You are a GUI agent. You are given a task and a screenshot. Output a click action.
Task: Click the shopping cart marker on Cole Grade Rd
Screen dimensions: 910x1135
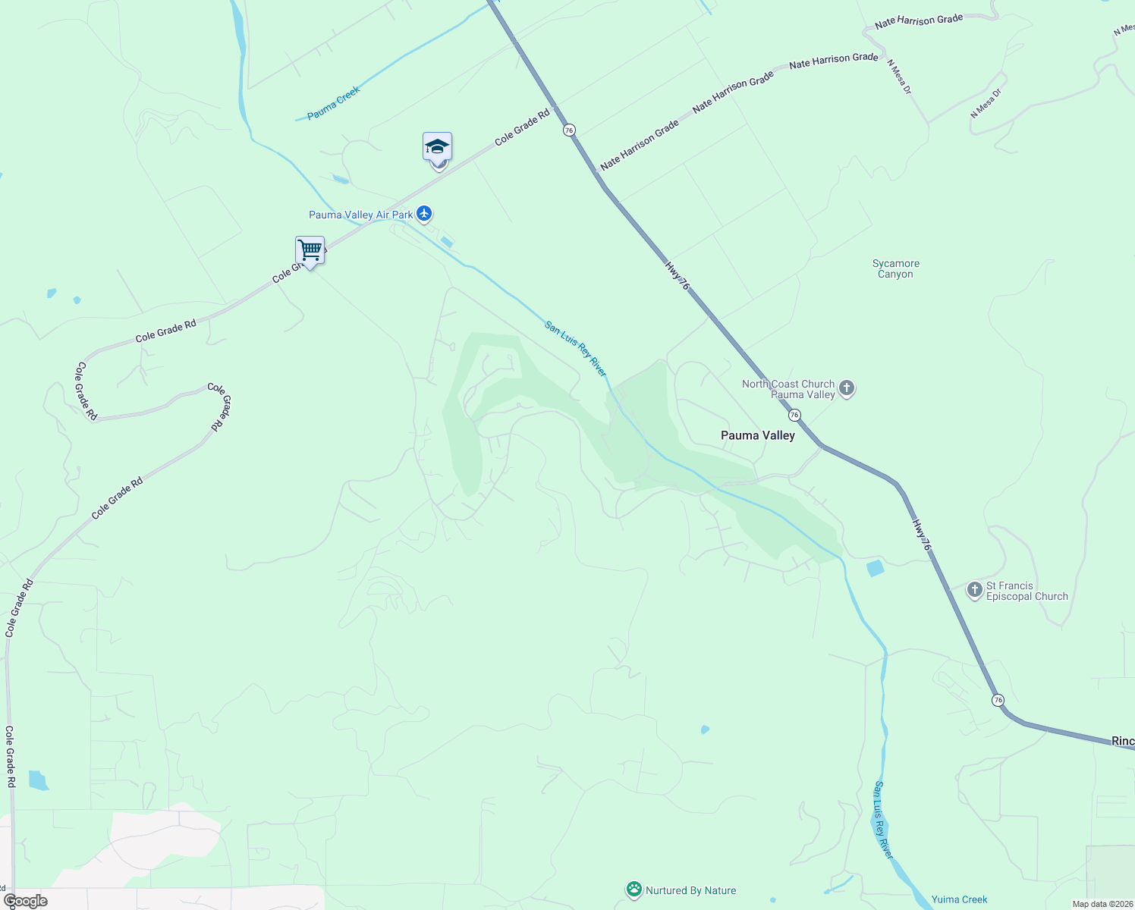pos(310,250)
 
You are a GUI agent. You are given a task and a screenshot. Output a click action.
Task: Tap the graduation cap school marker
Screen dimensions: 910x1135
pos(437,146)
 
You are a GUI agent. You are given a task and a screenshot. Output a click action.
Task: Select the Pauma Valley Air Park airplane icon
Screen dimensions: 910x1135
pos(424,214)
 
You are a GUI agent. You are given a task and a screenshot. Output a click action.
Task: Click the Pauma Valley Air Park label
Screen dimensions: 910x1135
pos(360,215)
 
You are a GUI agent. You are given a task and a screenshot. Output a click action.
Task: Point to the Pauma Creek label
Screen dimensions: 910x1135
pos(334,103)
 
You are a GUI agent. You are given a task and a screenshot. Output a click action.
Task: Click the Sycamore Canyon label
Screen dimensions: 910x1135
pos(895,269)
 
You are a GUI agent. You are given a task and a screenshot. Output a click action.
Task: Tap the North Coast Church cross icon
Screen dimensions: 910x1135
pos(847,389)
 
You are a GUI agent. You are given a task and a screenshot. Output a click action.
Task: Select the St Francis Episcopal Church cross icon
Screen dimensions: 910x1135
pos(975,590)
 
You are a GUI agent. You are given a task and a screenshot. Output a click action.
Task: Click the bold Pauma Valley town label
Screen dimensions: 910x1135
pos(757,435)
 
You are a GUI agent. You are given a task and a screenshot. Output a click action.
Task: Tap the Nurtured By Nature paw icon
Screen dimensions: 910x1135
pos(634,890)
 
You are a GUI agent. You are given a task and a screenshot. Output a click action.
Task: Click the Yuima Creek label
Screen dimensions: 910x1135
pos(959,899)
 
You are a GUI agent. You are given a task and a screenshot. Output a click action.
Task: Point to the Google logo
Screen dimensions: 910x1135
pos(26,901)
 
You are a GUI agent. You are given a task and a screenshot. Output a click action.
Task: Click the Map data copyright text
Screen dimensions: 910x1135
pos(1102,904)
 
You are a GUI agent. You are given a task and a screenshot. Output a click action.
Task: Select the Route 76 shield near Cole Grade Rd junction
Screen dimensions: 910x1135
pos(569,130)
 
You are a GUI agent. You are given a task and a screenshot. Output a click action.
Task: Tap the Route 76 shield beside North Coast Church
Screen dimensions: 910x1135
pos(794,415)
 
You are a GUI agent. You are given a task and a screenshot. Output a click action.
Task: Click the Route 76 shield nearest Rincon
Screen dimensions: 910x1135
pos(998,699)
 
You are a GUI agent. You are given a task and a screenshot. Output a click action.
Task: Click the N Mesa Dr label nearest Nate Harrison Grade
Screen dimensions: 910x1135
pos(899,77)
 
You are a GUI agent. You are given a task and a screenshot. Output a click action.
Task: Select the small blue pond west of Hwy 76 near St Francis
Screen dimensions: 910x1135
pos(876,568)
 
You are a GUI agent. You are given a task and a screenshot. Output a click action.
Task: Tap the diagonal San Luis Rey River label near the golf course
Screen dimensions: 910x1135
pos(575,349)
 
